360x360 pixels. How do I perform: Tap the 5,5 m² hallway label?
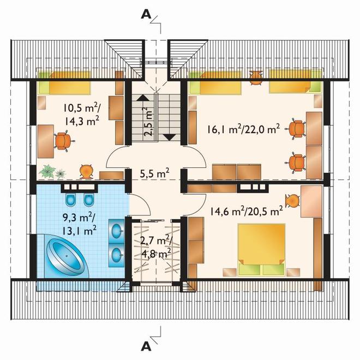(x=155, y=173)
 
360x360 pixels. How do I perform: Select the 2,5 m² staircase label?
(x=148, y=122)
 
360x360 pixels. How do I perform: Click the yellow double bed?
(x=261, y=250)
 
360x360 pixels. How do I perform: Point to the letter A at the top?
(x=146, y=15)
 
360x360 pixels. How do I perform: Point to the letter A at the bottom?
(x=146, y=347)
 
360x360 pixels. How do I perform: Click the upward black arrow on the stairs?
(x=143, y=98)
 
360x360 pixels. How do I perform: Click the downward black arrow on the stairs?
(x=170, y=137)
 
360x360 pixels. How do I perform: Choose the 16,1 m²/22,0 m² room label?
(x=243, y=129)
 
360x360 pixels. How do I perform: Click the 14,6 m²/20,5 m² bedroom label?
(x=246, y=211)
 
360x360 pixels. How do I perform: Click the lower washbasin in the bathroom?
(x=117, y=254)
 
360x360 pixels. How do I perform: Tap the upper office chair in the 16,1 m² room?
(x=296, y=129)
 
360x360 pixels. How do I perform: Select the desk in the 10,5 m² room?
(x=46, y=141)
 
